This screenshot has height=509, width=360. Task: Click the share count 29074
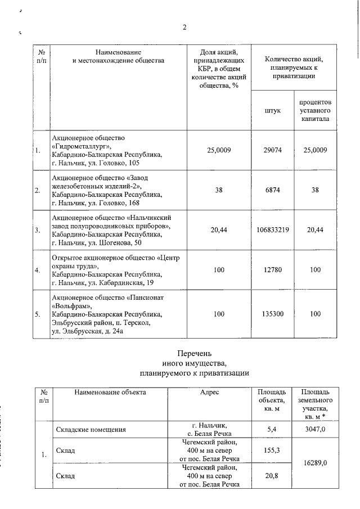click(x=272, y=150)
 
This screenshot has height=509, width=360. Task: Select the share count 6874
click(x=272, y=190)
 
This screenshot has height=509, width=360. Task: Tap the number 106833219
click(x=272, y=230)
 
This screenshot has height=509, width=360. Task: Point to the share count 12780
click(x=272, y=270)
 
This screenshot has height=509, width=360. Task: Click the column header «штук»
click(x=272, y=111)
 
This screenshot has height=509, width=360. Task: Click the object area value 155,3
click(x=271, y=451)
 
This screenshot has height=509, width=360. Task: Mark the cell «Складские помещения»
click(x=91, y=430)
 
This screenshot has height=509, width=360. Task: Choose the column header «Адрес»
click(x=209, y=392)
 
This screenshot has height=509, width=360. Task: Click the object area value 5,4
click(x=271, y=430)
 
